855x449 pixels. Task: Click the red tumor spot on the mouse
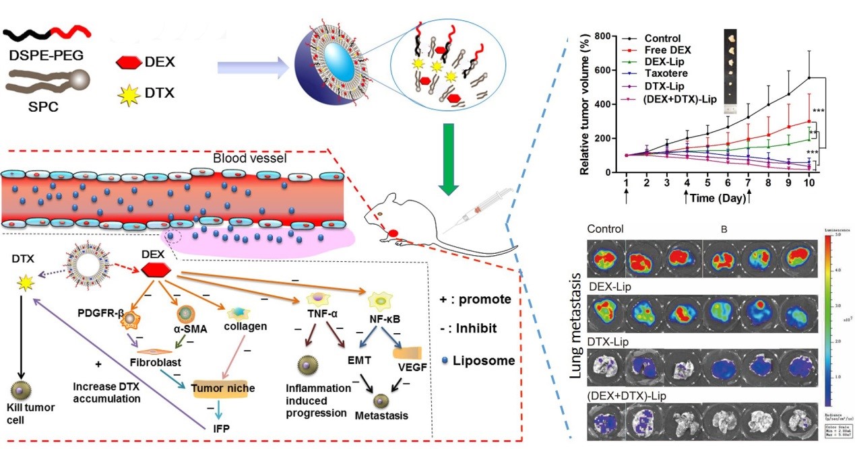pyautogui.click(x=392, y=233)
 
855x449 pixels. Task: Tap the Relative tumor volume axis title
pyautogui.click(x=585, y=104)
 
